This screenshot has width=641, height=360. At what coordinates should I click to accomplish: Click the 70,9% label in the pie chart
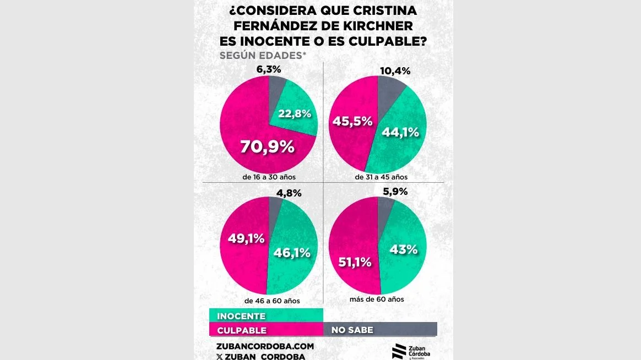point(267,147)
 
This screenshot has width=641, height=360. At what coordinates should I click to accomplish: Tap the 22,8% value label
point(295,114)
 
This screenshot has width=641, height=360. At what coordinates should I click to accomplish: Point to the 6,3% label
point(269,69)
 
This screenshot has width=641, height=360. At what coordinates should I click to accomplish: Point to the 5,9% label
point(395,192)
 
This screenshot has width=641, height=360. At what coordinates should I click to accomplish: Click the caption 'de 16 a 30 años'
point(269,177)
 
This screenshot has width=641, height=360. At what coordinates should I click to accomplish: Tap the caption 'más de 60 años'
point(377,299)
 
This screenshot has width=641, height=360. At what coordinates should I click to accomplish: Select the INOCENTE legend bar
point(267,316)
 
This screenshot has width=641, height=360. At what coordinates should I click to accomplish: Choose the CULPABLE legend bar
point(267,330)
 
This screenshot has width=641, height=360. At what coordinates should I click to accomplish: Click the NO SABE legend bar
point(380,330)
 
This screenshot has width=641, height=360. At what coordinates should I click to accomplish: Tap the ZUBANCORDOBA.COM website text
point(265,346)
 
